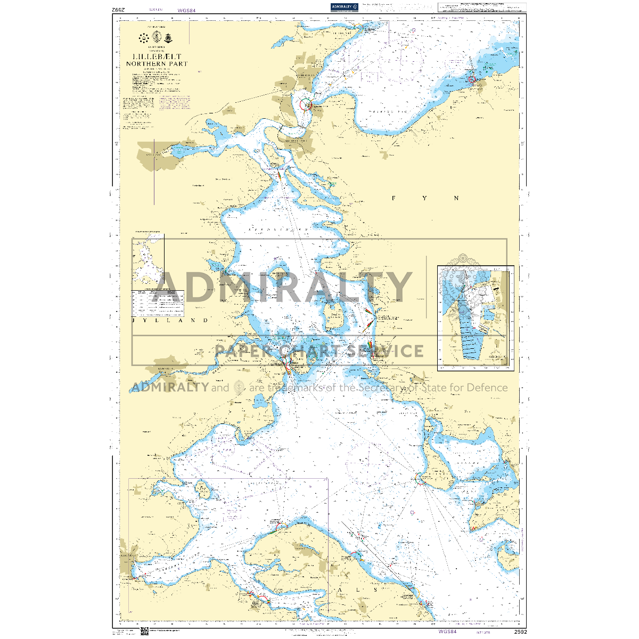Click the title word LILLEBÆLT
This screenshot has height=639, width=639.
pyautogui.click(x=157, y=56)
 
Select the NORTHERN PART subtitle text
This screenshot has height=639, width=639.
pyautogui.click(x=157, y=63)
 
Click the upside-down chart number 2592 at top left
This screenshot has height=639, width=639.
pyautogui.click(x=118, y=10)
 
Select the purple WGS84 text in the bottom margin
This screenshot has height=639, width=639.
pyautogui.click(x=447, y=632)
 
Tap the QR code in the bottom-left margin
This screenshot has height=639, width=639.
pyautogui.click(x=144, y=632)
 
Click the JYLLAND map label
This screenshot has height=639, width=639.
pyautogui.click(x=170, y=321)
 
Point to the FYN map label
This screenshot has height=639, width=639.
pyautogui.click(x=425, y=198)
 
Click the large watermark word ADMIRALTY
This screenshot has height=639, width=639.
pyautogui.click(x=282, y=288)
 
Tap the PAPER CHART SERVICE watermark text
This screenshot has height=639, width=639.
pyautogui.click(x=319, y=351)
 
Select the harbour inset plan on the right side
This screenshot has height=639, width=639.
pyautogui.click(x=476, y=318)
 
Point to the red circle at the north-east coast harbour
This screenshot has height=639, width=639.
pyautogui.click(x=471, y=80)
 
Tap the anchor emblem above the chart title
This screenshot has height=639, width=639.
pyautogui.click(x=157, y=37)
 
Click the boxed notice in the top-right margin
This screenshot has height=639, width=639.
pyautogui.click(x=481, y=7)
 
